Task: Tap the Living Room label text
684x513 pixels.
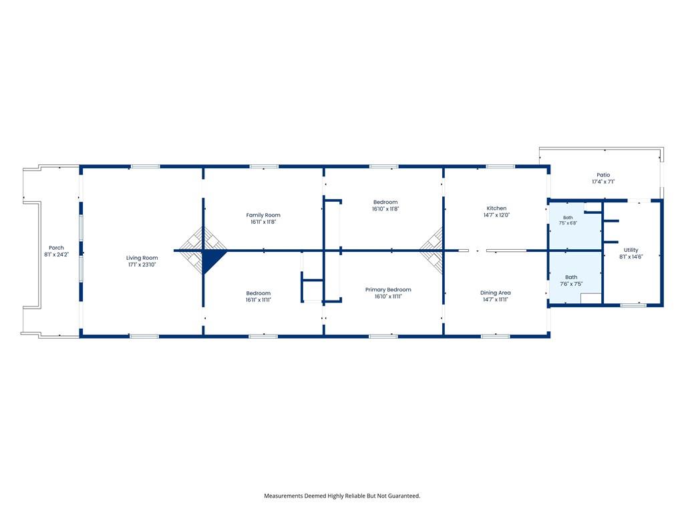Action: [x=142, y=258]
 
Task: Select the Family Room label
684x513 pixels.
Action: [x=263, y=215]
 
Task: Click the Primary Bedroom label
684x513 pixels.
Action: [x=388, y=290]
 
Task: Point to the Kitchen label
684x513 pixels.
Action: [x=496, y=208]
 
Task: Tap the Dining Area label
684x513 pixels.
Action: [x=495, y=293]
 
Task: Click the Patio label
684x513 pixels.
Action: [x=603, y=175]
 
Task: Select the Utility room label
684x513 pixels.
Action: [x=631, y=250]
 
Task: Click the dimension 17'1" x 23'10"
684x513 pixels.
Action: [x=142, y=265]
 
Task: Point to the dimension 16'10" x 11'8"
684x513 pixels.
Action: [x=385, y=209]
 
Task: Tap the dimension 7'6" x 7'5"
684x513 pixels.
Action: [x=571, y=284]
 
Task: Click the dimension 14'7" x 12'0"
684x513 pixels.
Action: [x=496, y=215]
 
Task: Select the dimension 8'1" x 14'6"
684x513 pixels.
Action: [x=631, y=257]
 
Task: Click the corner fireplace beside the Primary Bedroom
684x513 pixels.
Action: [x=432, y=250]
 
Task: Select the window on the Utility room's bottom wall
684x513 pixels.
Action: [x=633, y=305]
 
